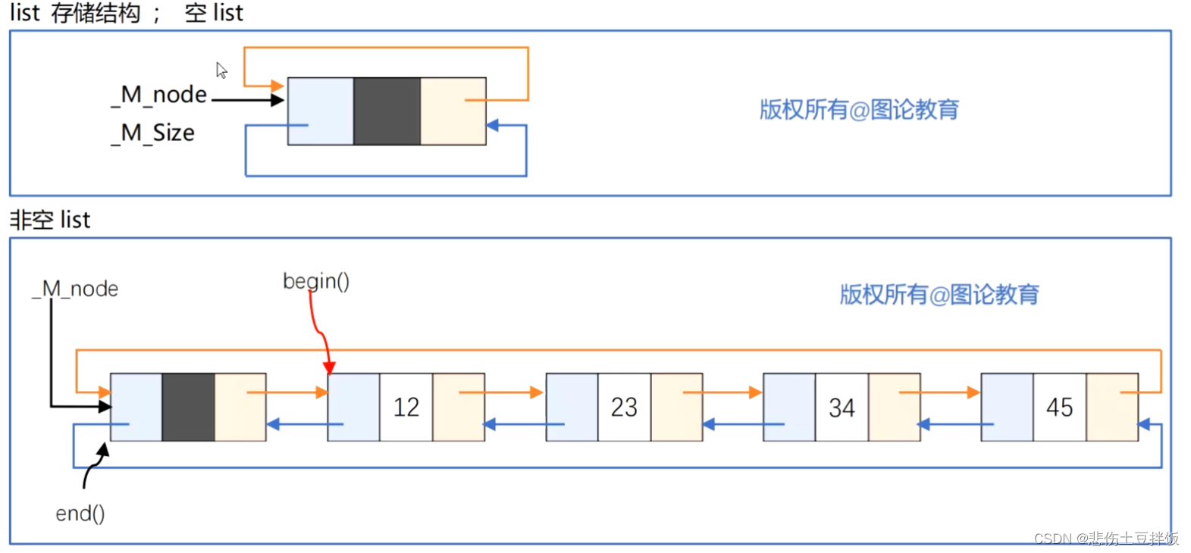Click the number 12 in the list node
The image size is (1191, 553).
(406, 408)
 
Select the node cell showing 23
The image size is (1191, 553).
(624, 408)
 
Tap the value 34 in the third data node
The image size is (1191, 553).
(842, 408)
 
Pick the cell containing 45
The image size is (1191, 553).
(1059, 408)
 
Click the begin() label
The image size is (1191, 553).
(316, 281)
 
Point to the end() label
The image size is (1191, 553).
(80, 514)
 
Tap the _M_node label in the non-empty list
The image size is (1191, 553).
(75, 289)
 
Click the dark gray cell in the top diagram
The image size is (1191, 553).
(387, 111)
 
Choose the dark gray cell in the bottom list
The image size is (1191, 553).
(188, 407)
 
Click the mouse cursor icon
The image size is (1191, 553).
(221, 70)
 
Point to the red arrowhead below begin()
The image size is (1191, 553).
(329, 367)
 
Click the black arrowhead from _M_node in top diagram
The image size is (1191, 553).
(277, 99)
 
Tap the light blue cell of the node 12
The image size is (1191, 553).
(353, 407)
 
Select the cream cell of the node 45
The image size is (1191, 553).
(1112, 407)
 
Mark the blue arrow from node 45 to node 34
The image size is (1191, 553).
(955, 424)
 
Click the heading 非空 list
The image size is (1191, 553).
(50, 220)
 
